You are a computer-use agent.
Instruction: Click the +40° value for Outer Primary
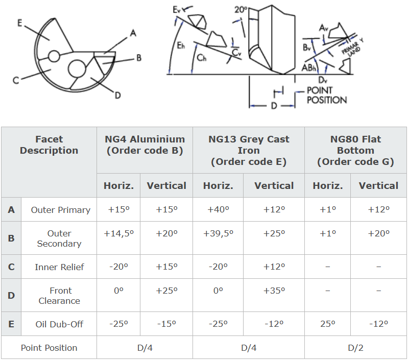218,209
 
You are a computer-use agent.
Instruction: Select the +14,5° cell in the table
118,233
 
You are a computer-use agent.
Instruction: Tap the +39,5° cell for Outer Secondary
218,233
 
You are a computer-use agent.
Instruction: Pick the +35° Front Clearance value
274,291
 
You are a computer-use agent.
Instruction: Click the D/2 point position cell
355,348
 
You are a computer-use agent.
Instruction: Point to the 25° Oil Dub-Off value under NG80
328,324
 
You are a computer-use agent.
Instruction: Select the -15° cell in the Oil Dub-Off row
166,324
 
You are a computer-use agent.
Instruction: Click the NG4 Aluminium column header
145,145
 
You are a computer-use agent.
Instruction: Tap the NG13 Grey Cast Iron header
249,150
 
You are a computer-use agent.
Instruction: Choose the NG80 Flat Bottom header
355,150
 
